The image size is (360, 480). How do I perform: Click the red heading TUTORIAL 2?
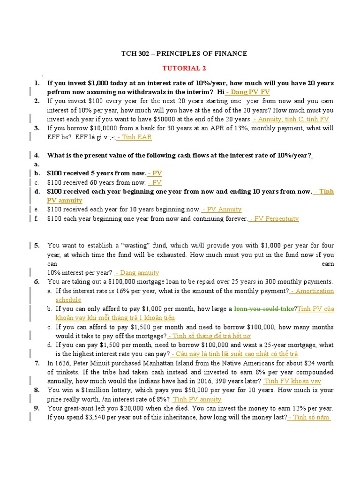tap(184, 68)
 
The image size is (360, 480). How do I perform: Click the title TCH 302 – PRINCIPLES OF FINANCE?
tap(184, 54)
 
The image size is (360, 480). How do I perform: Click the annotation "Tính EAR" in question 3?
tap(135, 137)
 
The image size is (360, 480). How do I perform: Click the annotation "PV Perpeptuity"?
tap(275, 218)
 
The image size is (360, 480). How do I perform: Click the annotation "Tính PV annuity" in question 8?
tap(197, 399)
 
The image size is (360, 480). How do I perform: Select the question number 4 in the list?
tap(36, 155)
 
